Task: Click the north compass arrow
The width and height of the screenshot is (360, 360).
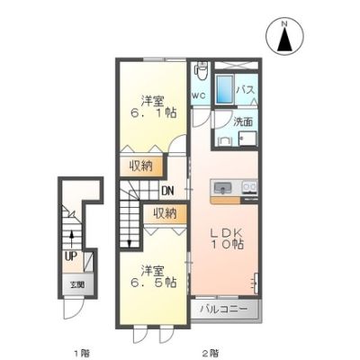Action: (x=284, y=39)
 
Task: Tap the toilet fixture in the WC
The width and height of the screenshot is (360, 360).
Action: (x=201, y=71)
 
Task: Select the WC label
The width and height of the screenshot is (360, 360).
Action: (x=199, y=95)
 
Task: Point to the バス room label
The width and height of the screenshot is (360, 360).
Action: (x=246, y=89)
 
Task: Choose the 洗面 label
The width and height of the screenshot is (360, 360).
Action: (x=243, y=122)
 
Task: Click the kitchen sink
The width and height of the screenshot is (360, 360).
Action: (x=222, y=188)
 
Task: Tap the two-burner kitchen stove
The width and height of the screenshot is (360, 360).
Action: (x=249, y=187)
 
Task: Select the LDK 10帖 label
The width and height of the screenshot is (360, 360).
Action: (x=227, y=238)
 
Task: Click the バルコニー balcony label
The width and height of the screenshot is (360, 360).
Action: (x=224, y=309)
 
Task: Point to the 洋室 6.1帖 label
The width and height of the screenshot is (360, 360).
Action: (x=153, y=107)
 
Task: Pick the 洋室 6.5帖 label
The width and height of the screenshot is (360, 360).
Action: (x=153, y=276)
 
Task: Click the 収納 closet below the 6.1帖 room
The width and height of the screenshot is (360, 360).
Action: (x=141, y=166)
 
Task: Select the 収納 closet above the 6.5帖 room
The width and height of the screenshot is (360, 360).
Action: (x=166, y=213)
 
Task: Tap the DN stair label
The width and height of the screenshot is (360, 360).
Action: (x=167, y=191)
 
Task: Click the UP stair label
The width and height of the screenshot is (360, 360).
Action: (x=71, y=256)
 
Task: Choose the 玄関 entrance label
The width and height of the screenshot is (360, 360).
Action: (x=77, y=285)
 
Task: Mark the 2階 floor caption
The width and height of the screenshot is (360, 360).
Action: (x=210, y=353)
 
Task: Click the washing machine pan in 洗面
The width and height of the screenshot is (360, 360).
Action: (x=247, y=139)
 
